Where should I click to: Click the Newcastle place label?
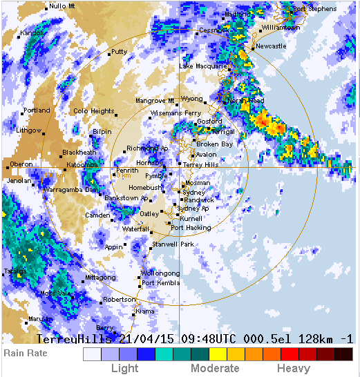click(x=271, y=46)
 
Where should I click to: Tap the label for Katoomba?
click(x=82, y=165)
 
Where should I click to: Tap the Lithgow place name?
click(x=29, y=130)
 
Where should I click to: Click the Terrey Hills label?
click(x=201, y=165)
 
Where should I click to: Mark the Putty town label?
click(x=119, y=52)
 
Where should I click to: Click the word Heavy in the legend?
click(x=294, y=369)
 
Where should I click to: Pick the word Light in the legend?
click(x=125, y=369)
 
